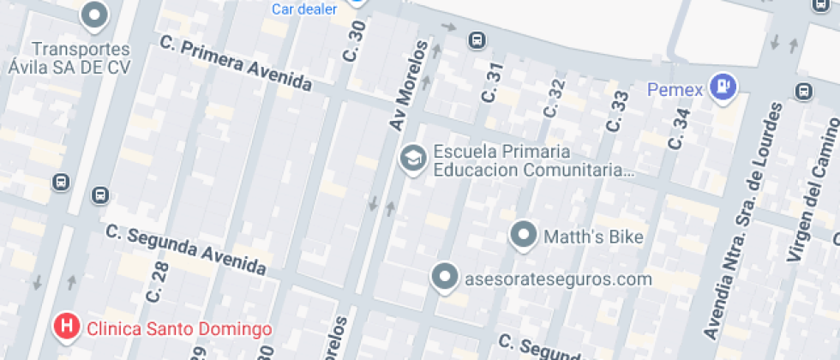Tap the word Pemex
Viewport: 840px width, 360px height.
[675, 88]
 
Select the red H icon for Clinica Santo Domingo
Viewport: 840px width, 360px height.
[67, 327]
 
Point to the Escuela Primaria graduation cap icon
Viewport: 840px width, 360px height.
[414, 159]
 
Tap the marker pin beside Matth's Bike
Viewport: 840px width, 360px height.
[523, 235]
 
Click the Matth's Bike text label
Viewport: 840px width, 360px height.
[594, 237]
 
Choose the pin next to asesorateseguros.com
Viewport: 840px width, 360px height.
[444, 277]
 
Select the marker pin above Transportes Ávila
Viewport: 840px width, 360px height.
[94, 15]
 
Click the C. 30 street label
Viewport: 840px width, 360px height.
[353, 41]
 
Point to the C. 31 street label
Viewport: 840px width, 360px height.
[492, 84]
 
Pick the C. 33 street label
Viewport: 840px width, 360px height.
[617, 111]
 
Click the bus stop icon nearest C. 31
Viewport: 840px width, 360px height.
[476, 40]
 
